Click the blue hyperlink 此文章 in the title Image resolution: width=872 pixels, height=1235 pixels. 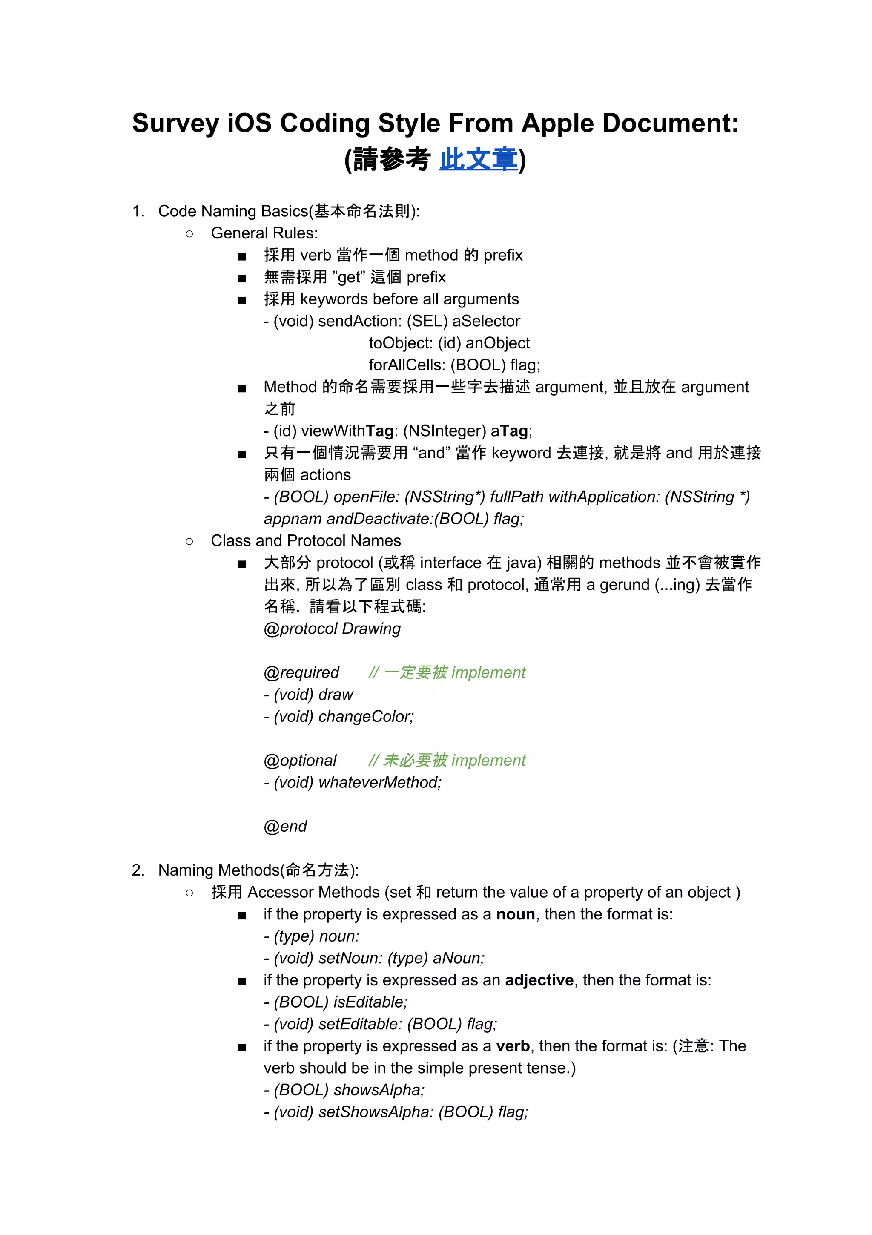[x=478, y=160]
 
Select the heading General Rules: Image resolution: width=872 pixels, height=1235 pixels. [x=264, y=233]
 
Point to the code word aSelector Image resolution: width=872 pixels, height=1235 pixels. [x=486, y=321]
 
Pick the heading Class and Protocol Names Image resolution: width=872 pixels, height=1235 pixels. [x=306, y=540]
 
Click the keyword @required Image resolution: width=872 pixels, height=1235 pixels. [x=301, y=672]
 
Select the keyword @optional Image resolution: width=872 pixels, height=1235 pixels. [x=300, y=760]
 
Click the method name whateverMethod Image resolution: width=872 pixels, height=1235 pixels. [x=379, y=782]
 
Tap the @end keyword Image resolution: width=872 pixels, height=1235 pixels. [x=285, y=826]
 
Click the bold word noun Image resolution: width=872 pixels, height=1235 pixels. [x=515, y=914]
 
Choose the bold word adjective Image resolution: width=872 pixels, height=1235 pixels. [x=539, y=980]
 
